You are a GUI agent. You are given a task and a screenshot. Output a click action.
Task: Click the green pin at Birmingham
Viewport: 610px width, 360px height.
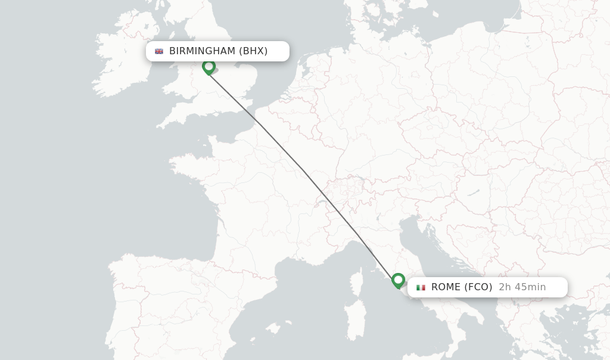tap(208, 66)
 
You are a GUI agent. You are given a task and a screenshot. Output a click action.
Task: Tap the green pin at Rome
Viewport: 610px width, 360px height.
tap(399, 280)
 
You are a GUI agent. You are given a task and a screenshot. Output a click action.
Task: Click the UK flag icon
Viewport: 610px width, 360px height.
tap(159, 51)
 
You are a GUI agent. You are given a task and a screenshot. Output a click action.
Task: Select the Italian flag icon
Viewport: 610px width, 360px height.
tap(421, 287)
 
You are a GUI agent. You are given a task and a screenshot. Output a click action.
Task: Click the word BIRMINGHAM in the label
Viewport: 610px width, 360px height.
tap(202, 51)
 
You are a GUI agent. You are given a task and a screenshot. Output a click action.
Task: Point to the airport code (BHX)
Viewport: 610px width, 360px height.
tap(253, 51)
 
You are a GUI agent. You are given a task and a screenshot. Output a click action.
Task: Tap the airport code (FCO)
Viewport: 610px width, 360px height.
tap(478, 287)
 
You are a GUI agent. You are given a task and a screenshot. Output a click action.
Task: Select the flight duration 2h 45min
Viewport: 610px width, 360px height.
tap(522, 287)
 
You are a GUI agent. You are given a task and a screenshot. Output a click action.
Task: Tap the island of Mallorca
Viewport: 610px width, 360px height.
tap(273, 328)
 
